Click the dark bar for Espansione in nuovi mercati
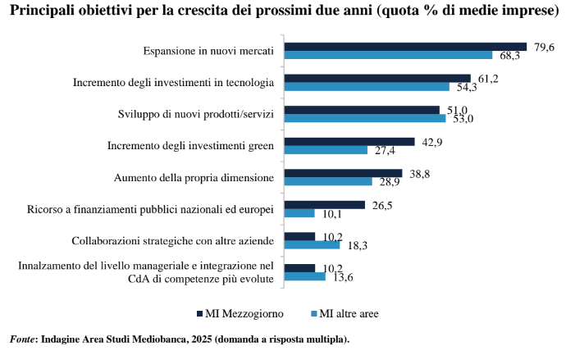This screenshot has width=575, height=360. [405, 47]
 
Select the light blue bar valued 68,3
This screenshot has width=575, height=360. [388, 55]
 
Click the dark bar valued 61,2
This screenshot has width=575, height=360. [377, 78]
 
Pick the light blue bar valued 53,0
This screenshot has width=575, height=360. [365, 118]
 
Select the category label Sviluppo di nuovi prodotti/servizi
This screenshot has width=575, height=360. [195, 112]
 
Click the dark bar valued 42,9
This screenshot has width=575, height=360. [349, 141]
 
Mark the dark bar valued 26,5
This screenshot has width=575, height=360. [324, 204]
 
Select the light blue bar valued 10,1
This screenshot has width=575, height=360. [299, 213]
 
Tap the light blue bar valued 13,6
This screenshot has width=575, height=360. [305, 276]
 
